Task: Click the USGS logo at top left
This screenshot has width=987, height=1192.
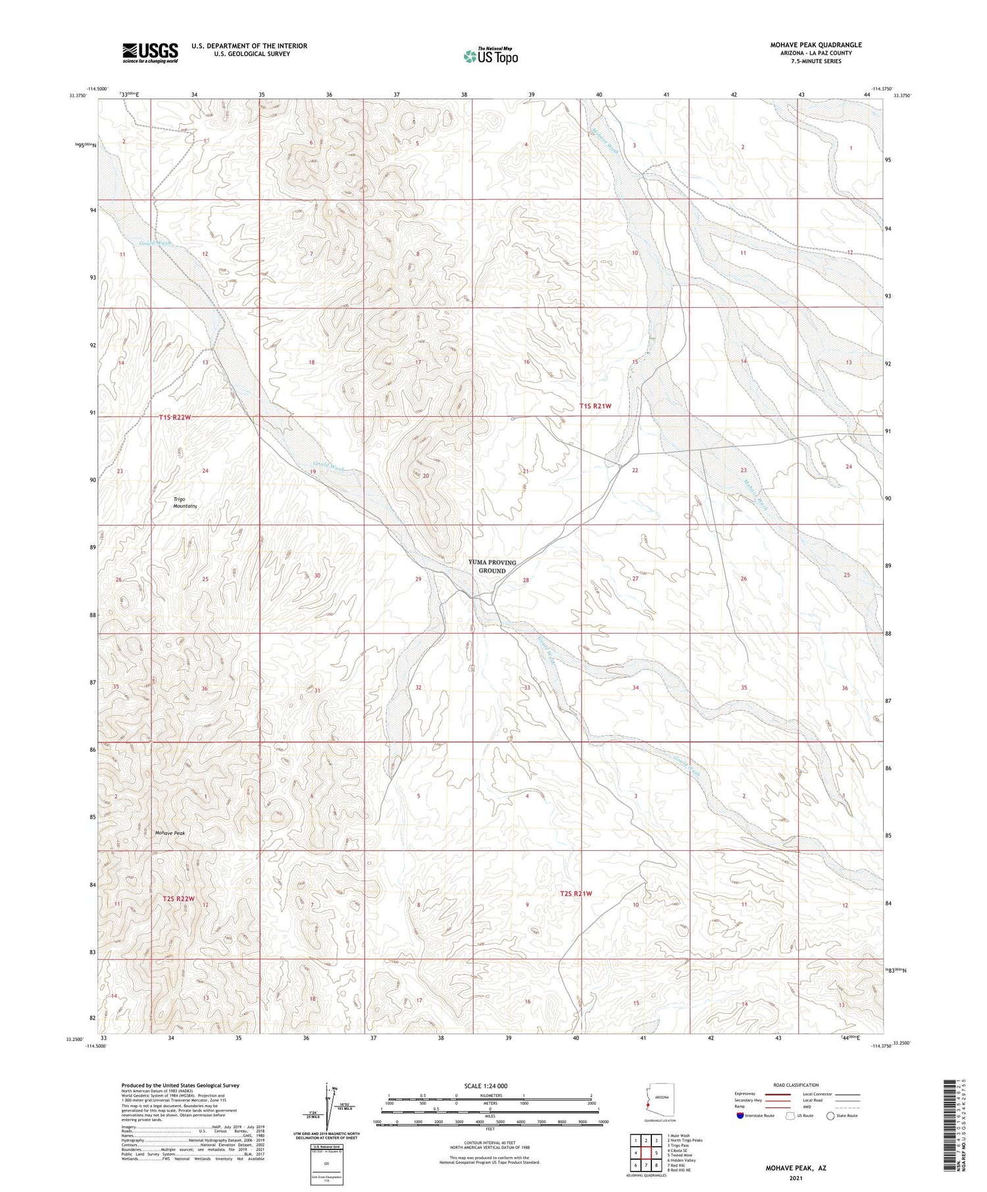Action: click(150, 53)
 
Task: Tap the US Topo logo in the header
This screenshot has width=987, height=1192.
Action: click(490, 57)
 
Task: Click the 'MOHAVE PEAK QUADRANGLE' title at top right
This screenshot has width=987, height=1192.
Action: click(815, 45)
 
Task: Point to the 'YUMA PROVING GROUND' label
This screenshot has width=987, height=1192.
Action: click(492, 566)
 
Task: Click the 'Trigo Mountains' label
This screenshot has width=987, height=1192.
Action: click(185, 502)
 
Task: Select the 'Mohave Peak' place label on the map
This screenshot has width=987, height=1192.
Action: click(170, 832)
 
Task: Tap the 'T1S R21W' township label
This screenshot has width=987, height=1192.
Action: click(595, 406)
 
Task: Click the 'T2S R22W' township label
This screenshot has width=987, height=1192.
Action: click(178, 898)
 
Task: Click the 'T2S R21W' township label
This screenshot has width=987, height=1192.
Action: click(576, 894)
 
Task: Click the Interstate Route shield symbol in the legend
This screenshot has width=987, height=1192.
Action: click(740, 1116)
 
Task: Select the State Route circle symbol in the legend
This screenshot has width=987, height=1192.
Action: click(830, 1116)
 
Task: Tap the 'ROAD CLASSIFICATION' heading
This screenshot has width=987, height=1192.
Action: click(796, 1085)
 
